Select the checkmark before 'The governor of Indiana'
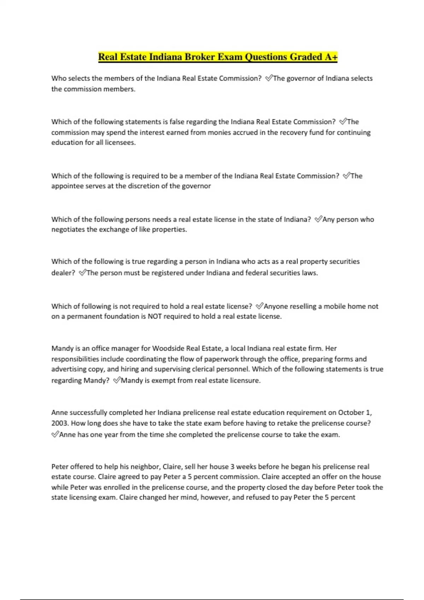[x=269, y=78]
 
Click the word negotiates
[x=68, y=229]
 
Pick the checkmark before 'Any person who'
[x=318, y=219]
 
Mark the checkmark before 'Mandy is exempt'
[x=117, y=380]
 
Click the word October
[x=351, y=413]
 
